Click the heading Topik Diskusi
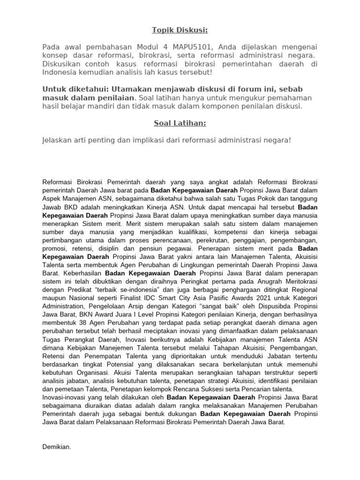click(x=180, y=30)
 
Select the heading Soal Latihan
click(x=180, y=123)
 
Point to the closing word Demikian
click(x=57, y=447)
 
